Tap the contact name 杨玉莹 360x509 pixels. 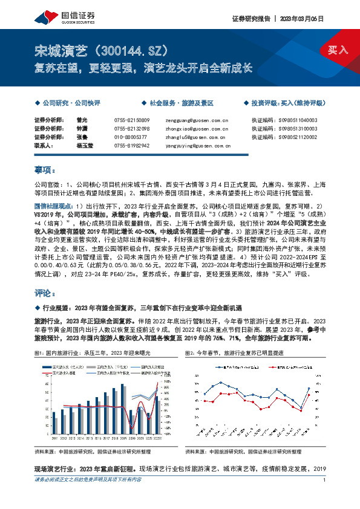[x=86, y=146]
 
